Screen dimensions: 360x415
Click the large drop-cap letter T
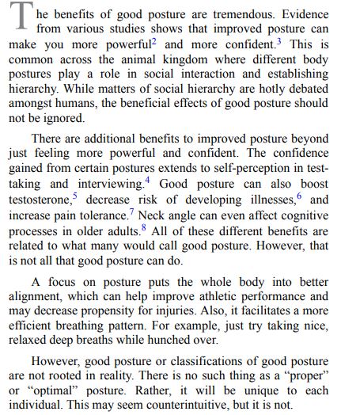click(20, 18)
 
